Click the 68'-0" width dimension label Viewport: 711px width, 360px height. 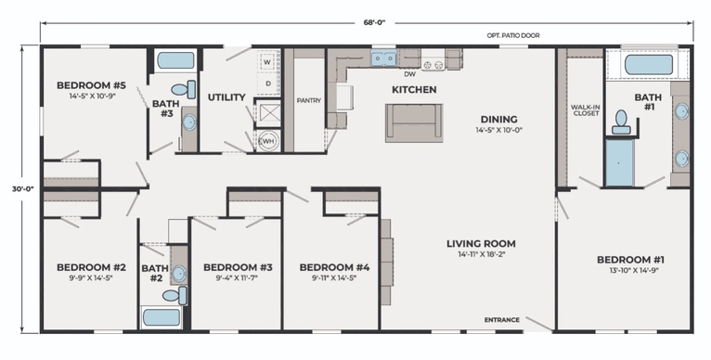point(374,23)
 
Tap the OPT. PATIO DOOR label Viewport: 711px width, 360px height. point(513,35)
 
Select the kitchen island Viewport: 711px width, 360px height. point(414,122)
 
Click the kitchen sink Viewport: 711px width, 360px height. point(383,58)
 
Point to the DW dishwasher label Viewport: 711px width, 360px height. point(410,74)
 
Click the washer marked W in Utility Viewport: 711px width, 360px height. point(267,61)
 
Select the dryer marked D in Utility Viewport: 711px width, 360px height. point(267,84)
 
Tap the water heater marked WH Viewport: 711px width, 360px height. point(268,141)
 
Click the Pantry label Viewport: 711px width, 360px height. point(309,100)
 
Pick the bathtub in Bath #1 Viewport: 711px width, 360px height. point(649,65)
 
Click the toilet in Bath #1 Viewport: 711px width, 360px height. point(621,122)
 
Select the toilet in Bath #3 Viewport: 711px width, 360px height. point(184,89)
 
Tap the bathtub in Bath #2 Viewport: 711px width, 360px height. point(162,317)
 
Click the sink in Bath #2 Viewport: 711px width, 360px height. point(179,274)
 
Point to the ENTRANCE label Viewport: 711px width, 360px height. point(502,320)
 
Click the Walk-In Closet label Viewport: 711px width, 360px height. point(586,110)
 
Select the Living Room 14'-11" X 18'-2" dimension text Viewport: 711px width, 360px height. point(481,254)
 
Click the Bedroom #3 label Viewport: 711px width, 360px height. point(238,267)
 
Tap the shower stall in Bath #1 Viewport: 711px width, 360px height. point(620,162)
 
